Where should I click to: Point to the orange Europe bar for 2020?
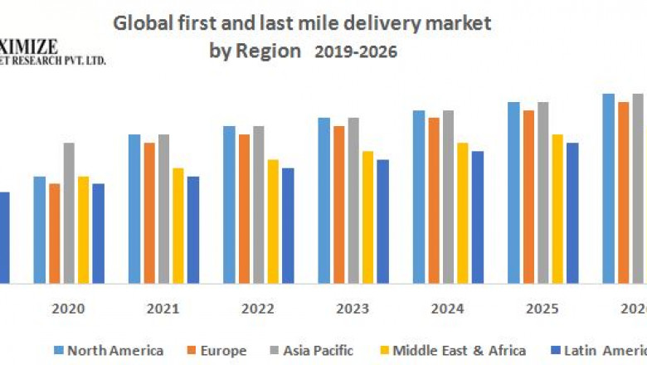(x=54, y=233)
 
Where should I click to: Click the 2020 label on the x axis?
(x=68, y=309)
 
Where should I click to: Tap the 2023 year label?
(x=353, y=309)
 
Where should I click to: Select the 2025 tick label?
(x=542, y=309)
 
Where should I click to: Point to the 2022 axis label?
(x=258, y=309)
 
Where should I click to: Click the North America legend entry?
(x=109, y=351)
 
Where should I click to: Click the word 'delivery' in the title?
(x=377, y=23)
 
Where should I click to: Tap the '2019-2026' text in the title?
(x=356, y=51)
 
